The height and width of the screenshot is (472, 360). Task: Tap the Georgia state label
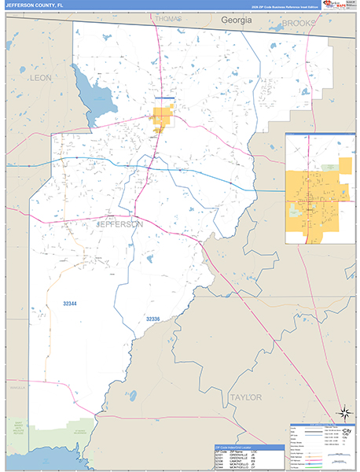click(236, 19)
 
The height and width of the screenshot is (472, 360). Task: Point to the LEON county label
click(39, 78)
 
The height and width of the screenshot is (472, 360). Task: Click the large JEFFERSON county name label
click(119, 223)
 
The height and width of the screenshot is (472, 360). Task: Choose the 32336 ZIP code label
click(152, 319)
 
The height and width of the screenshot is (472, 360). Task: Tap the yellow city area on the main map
click(163, 118)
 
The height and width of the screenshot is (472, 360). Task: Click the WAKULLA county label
click(17, 365)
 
